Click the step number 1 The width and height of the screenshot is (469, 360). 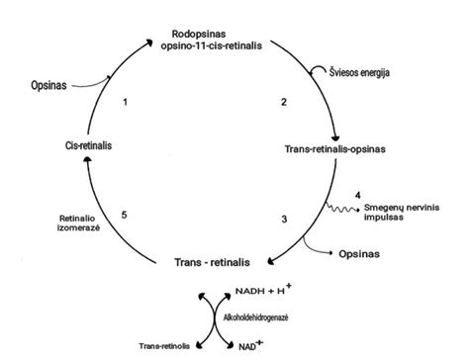[x=125, y=102]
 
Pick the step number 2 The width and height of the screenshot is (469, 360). [x=283, y=102]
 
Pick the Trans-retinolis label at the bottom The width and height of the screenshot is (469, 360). [x=164, y=346]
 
